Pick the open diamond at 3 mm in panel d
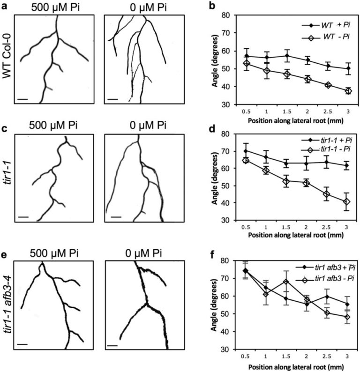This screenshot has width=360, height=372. tap(347, 202)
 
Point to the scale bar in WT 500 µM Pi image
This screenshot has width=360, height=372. tap(22, 99)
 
